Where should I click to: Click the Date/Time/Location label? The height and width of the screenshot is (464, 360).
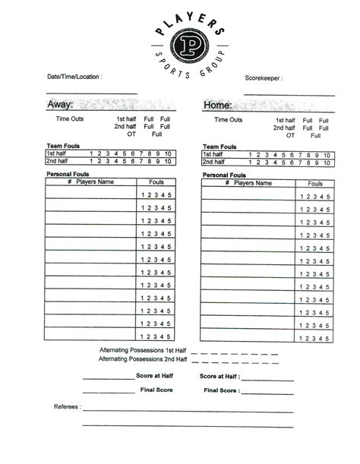click(x=74, y=77)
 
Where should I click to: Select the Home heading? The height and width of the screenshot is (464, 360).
click(x=217, y=105)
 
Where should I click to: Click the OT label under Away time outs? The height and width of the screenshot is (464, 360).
click(x=131, y=134)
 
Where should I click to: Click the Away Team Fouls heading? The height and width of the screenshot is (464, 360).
click(x=64, y=146)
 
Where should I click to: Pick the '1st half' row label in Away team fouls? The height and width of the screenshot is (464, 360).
click(x=57, y=154)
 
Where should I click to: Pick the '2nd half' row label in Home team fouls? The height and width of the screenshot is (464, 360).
click(x=216, y=162)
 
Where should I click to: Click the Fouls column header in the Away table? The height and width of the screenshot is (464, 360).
click(x=156, y=182)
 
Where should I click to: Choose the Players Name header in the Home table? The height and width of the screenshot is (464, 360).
click(x=252, y=183)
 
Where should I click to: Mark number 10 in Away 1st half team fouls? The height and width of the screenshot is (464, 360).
click(x=169, y=154)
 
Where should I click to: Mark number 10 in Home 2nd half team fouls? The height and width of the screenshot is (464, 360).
click(x=327, y=162)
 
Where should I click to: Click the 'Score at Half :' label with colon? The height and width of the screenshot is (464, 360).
click(x=219, y=376)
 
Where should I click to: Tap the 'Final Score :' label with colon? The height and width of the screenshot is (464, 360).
click(x=222, y=390)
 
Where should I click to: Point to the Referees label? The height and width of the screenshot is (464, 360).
click(x=67, y=406)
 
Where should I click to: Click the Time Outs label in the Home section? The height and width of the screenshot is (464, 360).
click(x=229, y=120)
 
